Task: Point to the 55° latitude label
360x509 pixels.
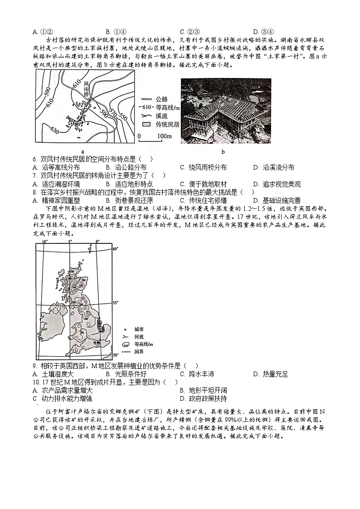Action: (x=115, y=302)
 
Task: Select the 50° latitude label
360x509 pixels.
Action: (x=115, y=355)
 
